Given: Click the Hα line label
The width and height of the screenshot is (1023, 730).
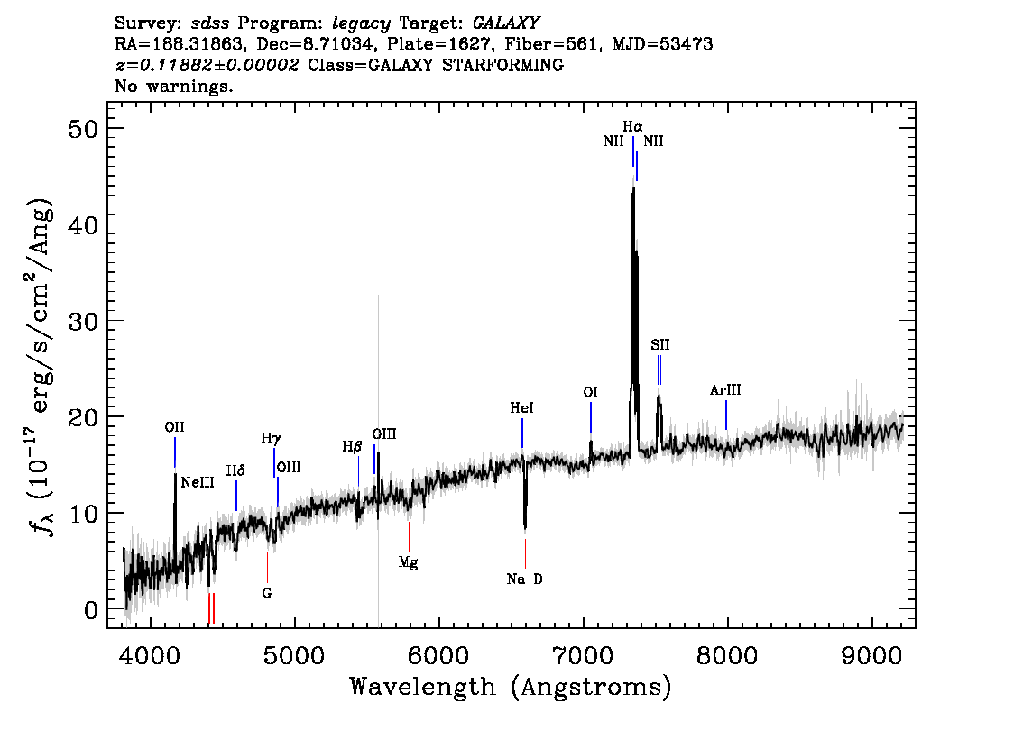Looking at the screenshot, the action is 632,126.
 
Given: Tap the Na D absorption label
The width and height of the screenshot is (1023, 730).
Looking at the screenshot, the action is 524,579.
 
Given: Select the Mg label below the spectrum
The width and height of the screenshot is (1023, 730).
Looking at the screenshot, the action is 409,561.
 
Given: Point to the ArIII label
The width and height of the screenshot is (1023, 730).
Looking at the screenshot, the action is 725,389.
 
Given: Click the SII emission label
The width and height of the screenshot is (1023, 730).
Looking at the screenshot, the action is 659,345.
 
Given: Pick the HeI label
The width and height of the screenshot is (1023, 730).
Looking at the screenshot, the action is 522,408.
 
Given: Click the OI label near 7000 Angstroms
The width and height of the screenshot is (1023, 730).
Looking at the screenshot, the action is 591,392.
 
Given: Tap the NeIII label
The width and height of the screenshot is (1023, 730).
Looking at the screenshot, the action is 198,483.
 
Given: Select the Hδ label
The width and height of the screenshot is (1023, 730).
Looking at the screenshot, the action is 235,470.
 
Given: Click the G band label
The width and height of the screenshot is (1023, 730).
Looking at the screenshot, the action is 267,592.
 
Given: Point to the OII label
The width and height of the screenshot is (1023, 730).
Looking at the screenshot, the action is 174,427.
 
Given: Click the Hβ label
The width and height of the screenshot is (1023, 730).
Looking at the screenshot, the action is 352,447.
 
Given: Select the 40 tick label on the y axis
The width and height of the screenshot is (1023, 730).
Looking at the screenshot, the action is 83,225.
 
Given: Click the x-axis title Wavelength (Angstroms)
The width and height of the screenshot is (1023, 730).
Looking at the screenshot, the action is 511,687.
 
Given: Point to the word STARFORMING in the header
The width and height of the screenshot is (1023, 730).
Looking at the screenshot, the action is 503,65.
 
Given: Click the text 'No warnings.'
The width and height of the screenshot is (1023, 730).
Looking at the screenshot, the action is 173,86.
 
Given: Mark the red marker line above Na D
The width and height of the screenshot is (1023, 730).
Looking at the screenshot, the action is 525,553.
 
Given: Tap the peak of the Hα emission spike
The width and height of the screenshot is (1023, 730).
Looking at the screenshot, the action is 633,187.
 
